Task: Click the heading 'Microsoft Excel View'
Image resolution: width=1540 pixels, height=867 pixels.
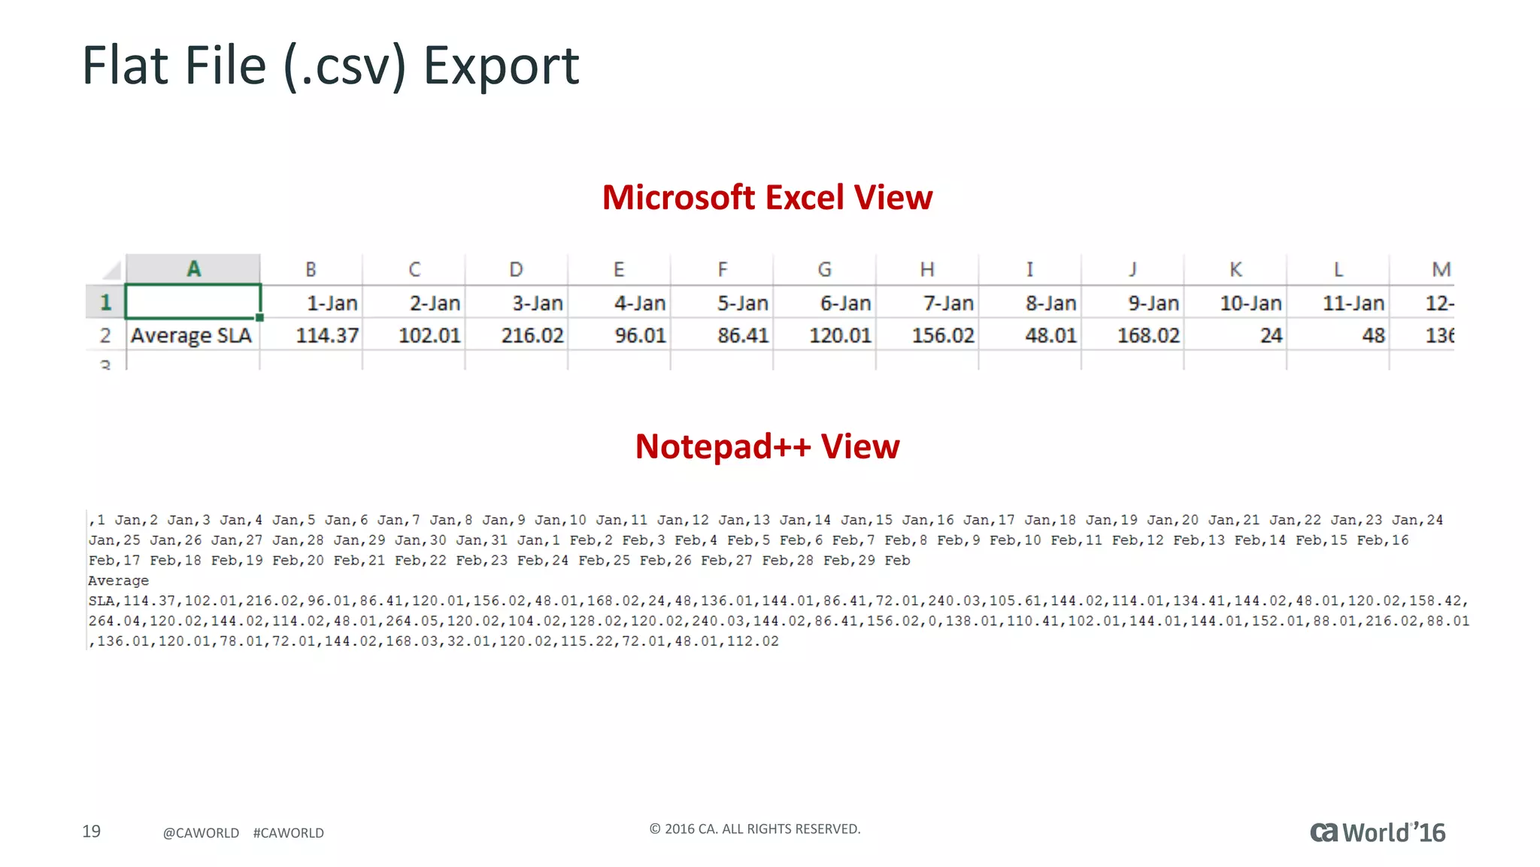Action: tap(767, 198)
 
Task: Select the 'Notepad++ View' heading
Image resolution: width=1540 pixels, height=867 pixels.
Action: tap(767, 446)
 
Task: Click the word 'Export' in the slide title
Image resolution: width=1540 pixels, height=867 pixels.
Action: tap(501, 65)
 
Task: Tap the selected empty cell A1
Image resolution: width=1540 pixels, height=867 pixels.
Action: tap(193, 302)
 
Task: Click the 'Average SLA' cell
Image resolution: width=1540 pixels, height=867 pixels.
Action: tap(191, 336)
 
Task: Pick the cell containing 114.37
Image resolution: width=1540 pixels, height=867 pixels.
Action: tap(326, 336)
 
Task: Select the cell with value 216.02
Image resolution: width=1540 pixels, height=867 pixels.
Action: tap(532, 336)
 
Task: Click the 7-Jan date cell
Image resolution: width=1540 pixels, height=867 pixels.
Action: tap(948, 303)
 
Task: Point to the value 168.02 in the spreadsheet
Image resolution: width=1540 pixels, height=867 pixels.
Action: tap(1147, 336)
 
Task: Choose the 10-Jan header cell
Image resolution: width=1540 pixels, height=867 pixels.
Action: tap(1250, 303)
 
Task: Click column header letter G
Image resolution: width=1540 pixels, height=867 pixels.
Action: tap(825, 269)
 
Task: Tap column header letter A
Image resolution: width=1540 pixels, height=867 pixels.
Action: tap(193, 269)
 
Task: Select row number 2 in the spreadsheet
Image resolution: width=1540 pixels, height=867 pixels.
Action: tap(105, 336)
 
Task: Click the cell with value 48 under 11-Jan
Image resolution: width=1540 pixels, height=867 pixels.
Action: tap(1373, 336)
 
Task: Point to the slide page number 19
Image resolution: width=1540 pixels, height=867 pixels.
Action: tap(91, 831)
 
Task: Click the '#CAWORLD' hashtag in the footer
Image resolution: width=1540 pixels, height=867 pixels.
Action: tap(288, 833)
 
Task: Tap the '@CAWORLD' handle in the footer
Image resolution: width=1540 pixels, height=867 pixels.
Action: tap(201, 833)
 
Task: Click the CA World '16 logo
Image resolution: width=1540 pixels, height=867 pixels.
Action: tap(1378, 832)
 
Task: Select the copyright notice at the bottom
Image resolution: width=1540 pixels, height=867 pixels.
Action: tap(754, 829)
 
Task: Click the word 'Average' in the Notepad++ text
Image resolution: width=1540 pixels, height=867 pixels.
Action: tap(118, 581)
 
